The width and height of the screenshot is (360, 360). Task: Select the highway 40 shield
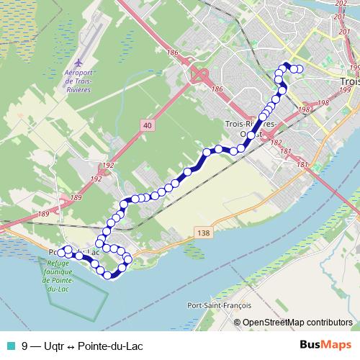[147, 125]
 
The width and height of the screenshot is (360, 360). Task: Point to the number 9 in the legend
[25, 346]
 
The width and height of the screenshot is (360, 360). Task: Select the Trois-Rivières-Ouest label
[253, 129]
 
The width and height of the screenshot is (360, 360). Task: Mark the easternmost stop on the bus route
[300, 69]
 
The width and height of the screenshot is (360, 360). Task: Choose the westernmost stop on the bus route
[62, 251]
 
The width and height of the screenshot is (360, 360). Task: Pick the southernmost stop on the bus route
[109, 274]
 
